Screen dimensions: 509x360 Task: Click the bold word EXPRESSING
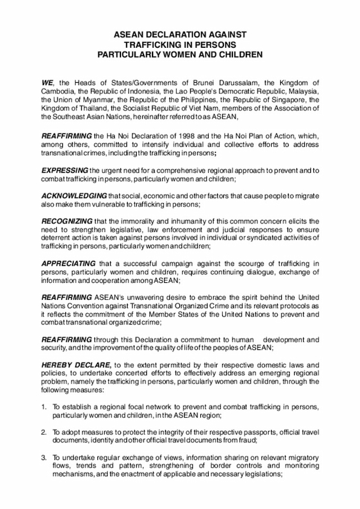coord(65,170)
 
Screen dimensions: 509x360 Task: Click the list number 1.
coord(44,407)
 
